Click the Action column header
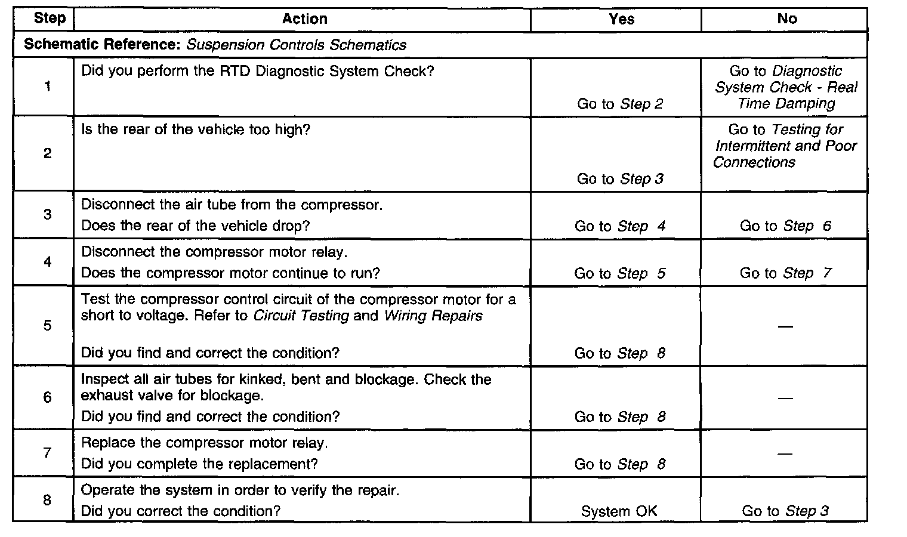[304, 19]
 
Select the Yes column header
[621, 19]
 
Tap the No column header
[786, 19]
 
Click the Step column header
[50, 18]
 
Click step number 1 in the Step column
[47, 87]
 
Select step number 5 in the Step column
[47, 326]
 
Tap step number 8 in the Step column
[47, 500]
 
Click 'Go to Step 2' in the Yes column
[620, 104]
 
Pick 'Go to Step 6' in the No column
[785, 226]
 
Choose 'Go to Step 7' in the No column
[785, 273]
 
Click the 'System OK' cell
[619, 511]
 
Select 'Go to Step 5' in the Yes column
[619, 273]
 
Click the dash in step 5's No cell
[785, 326]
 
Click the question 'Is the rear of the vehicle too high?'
[196, 129]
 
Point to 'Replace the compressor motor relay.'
[205, 443]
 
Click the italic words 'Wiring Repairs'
[433, 316]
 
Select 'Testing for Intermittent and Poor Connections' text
[785, 146]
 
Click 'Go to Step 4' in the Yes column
[620, 226]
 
